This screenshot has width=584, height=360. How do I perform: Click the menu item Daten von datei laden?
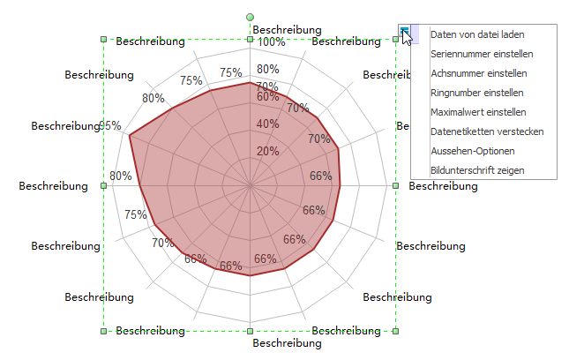477,35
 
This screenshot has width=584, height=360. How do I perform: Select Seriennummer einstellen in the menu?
481,55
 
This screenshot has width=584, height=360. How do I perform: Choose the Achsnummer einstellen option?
479,73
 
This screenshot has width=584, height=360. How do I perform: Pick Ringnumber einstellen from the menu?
477,93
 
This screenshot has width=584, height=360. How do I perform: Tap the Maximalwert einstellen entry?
478,112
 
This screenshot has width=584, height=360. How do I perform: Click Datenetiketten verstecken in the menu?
487,131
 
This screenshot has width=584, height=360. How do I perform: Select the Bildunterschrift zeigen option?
477,169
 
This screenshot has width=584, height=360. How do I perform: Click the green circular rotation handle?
251,17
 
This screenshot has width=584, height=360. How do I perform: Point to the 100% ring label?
270,41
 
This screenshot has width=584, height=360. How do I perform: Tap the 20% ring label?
267,151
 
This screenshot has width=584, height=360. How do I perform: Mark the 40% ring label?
267,124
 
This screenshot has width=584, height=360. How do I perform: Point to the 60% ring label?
267,96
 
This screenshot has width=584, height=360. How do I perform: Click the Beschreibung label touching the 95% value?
64,126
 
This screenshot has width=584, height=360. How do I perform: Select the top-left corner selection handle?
104,40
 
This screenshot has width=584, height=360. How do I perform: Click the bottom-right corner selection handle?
395,332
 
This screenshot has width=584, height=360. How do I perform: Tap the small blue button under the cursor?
404,30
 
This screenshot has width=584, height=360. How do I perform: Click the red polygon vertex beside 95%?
130,137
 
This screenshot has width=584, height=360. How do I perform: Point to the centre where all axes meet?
251,186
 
